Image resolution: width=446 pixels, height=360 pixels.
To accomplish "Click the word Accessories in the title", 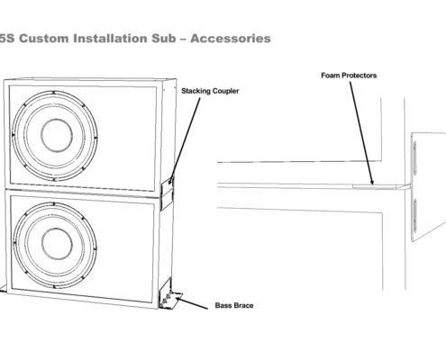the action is pos(231,39).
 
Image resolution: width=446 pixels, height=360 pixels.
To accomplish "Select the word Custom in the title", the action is pos(44,39).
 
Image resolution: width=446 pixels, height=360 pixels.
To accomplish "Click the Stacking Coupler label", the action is pos(210,91).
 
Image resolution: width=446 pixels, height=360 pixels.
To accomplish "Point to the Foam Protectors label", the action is pos(349,76).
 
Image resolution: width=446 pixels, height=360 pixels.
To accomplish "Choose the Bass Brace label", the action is pos(234,306).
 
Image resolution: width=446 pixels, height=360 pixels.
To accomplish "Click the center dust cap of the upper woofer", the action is pos(57,135).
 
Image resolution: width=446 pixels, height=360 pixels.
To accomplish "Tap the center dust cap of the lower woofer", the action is pos(57,243).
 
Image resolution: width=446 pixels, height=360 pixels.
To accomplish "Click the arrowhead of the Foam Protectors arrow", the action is pos(372,182).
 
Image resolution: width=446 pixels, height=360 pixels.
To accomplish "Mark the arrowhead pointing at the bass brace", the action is pos(178,299).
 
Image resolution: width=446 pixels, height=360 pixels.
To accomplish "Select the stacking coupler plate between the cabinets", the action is pos(168,195).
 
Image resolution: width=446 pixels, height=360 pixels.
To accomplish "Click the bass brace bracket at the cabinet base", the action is pos(169,294).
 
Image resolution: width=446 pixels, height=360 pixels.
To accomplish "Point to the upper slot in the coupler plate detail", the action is pos(415,157).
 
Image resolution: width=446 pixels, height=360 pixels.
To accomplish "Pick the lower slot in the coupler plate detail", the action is pos(415,215).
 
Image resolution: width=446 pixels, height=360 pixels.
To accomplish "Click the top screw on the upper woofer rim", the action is pos(53,93).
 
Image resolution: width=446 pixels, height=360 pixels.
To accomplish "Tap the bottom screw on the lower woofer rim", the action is pos(54,287).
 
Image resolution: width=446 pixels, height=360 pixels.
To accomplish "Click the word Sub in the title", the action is pos(164,39).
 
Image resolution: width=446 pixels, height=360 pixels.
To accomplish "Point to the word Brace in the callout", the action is pos(244,306).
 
